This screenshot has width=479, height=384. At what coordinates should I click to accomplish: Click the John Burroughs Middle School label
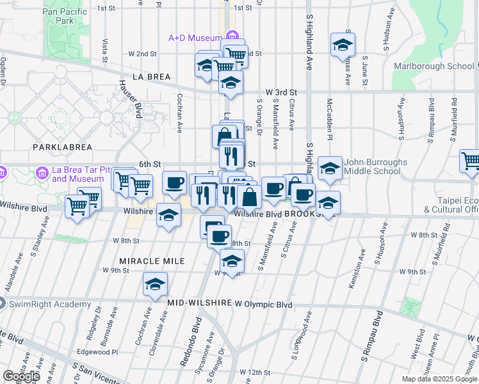pos(375,166)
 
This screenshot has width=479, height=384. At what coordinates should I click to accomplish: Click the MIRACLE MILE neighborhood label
pos(152,261)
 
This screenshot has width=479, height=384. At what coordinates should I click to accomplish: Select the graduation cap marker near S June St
pos(343,45)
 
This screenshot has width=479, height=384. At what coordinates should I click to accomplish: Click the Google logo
pos(22,376)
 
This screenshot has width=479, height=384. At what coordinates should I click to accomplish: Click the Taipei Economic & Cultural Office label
pos(457,204)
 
